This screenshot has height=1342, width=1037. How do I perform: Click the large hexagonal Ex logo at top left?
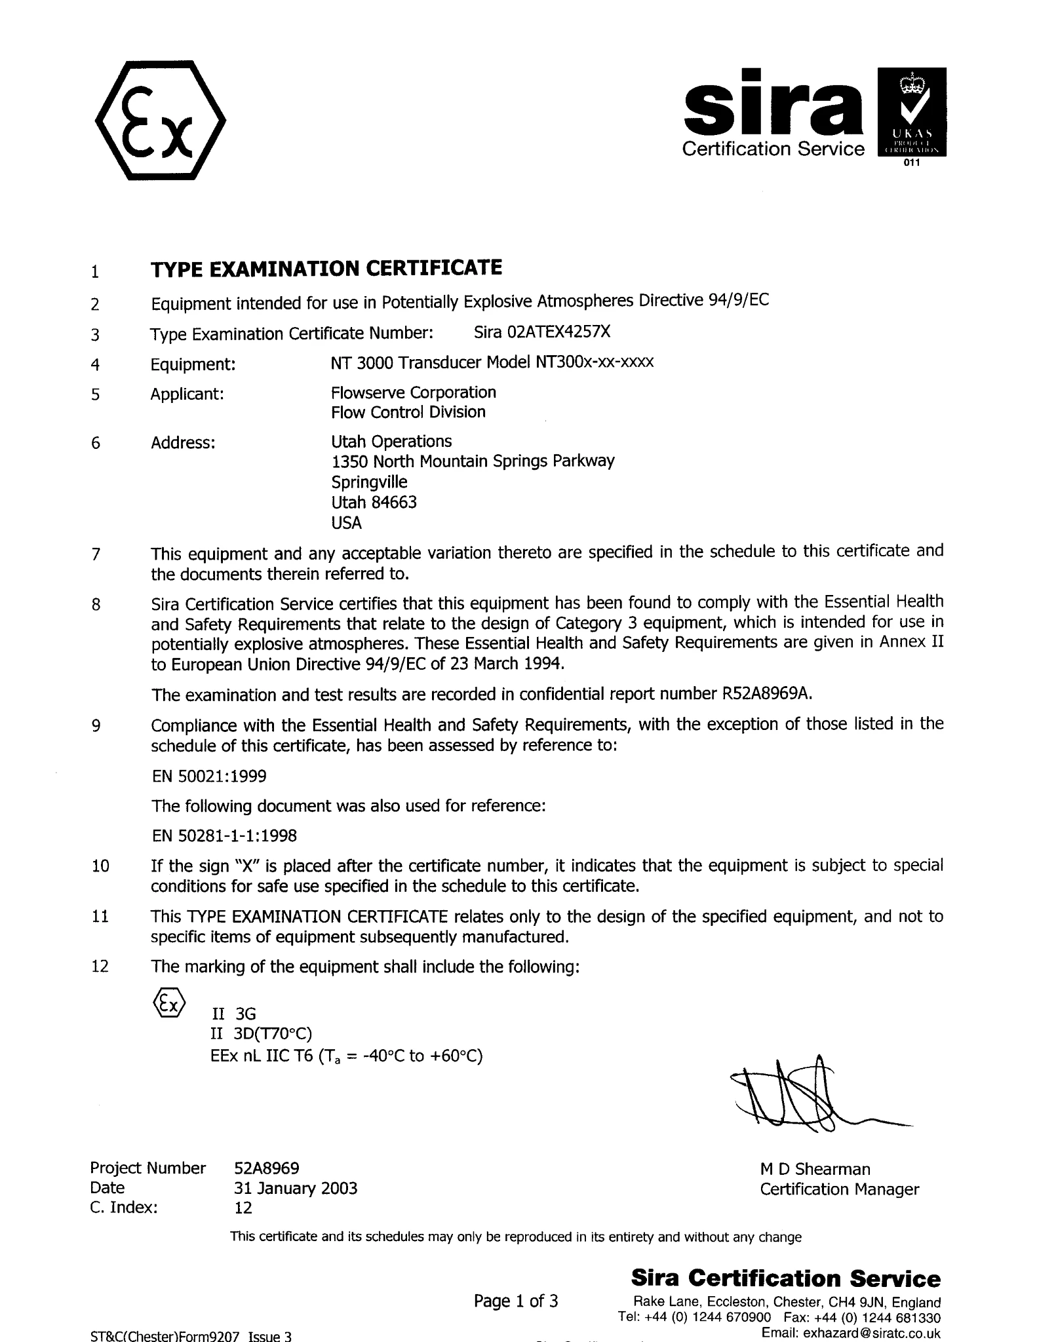pos(161,121)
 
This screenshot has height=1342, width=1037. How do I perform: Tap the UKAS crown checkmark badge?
pos(912,111)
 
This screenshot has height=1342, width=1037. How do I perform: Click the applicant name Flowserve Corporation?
pos(414,393)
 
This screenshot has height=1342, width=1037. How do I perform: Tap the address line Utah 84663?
pos(374,503)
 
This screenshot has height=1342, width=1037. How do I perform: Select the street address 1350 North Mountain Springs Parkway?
pos(473,461)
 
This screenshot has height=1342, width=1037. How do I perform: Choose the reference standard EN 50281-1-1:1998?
pos(224,835)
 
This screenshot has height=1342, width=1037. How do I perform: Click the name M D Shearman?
pos(815,1169)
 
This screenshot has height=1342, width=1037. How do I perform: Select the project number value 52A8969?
pos(267,1168)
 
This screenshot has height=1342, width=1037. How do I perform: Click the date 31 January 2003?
pos(296,1188)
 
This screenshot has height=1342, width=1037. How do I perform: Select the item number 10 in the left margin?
pos(100,866)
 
